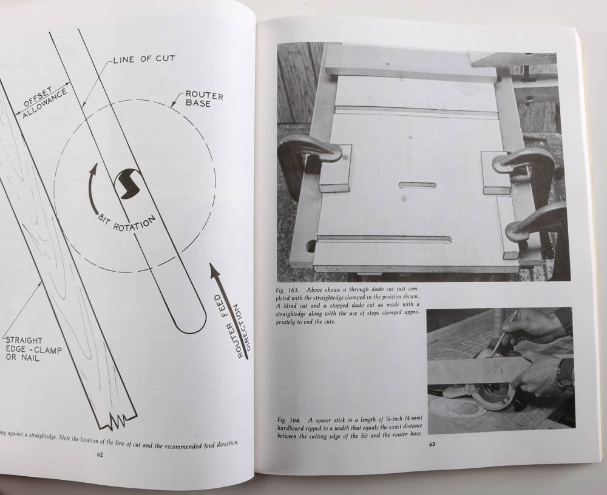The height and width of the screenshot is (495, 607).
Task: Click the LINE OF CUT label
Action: pyautogui.click(x=144, y=58)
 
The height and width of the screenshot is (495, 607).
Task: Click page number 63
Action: pyautogui.click(x=432, y=444)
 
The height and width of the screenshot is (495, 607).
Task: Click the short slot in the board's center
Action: pyautogui.click(x=418, y=185)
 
